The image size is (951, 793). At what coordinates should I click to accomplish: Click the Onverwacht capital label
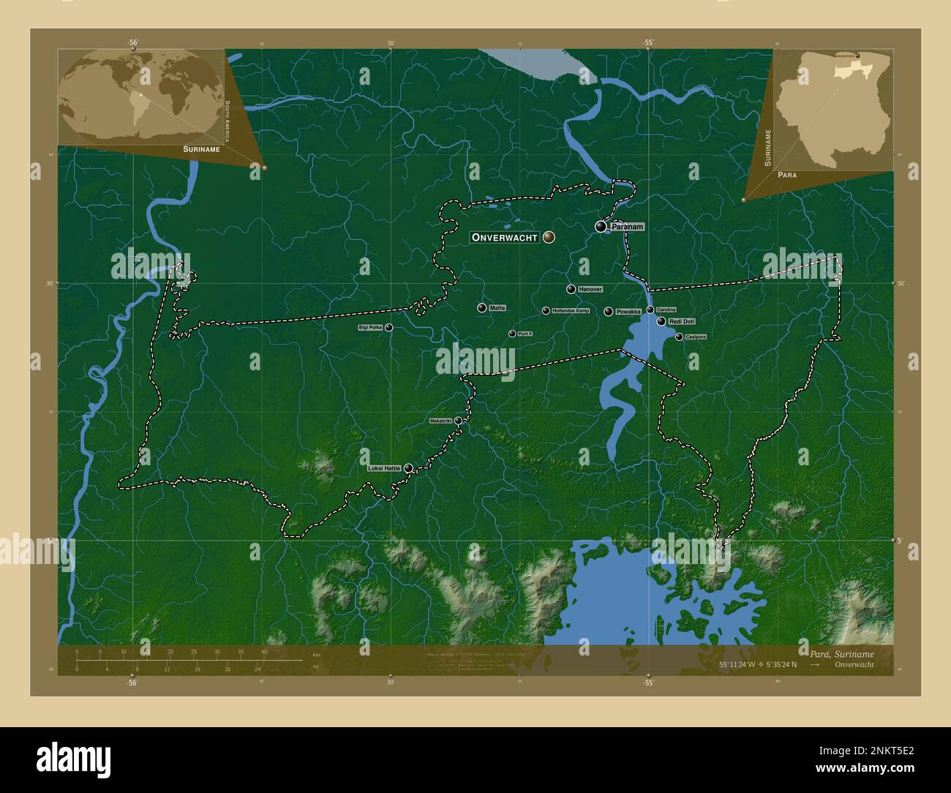[505, 237]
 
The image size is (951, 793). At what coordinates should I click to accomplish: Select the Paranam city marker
[601, 227]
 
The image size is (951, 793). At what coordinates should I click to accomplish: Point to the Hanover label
[590, 290]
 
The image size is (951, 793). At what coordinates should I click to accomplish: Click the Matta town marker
[481, 308]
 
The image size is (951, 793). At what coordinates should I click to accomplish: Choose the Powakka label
[628, 312]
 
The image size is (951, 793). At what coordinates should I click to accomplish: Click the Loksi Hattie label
[385, 467]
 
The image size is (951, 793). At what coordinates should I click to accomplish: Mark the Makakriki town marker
[458, 421]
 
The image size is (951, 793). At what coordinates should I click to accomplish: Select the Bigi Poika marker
[388, 328]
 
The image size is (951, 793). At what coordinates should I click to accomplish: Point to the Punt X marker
[512, 334]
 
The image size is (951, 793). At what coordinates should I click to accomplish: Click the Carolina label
[666, 309]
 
